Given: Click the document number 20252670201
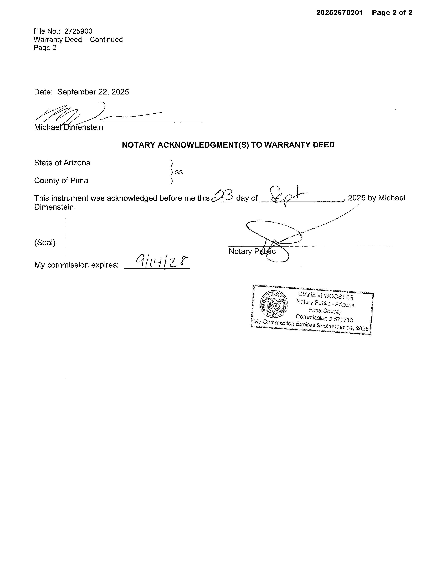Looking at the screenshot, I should (x=339, y=13).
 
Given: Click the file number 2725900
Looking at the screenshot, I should (x=78, y=31).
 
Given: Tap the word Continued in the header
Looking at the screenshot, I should (x=106, y=39).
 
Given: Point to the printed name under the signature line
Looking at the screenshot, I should (x=68, y=127).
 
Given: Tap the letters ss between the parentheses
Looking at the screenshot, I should (x=179, y=172).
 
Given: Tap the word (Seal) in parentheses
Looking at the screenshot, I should (x=45, y=242).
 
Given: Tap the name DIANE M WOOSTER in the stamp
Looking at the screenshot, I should (x=326, y=296).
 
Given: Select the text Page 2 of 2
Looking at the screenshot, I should (x=392, y=13).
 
